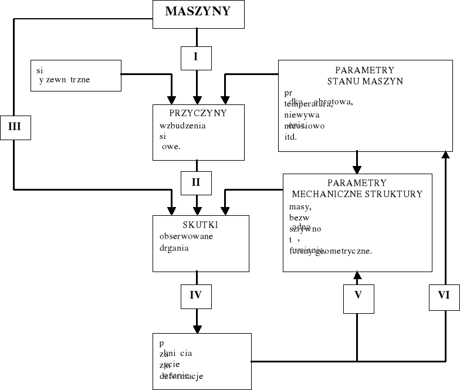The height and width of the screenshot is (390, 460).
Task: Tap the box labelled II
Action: pyautogui.click(x=196, y=182)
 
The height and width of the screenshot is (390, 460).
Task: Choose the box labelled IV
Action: pyautogui.click(x=196, y=295)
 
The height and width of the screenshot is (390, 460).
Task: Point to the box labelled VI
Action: pyautogui.click(x=444, y=296)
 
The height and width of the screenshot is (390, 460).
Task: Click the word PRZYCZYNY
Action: pyautogui.click(x=198, y=113)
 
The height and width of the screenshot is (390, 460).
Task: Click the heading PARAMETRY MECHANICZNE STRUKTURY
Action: pyautogui.click(x=357, y=188)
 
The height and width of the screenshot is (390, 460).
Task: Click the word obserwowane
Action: pyautogui.click(x=185, y=236)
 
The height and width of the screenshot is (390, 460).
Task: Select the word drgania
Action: pyautogui.click(x=174, y=247)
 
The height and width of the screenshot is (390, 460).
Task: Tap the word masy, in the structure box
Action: pyautogui.click(x=300, y=206)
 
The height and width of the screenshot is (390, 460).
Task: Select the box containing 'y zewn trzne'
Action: pyautogui.click(x=76, y=75)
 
